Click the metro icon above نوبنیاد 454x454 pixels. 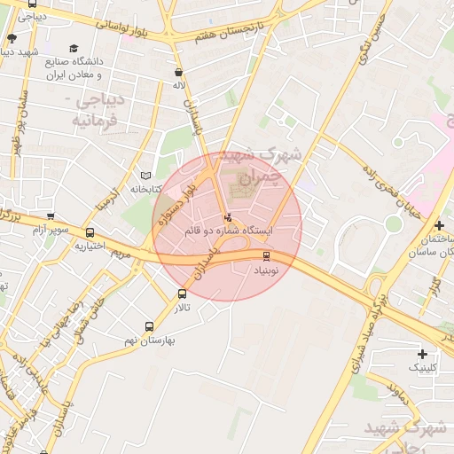267,256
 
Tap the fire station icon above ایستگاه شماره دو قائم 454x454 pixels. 229,216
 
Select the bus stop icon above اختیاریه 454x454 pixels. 90,233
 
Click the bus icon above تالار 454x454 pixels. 182,294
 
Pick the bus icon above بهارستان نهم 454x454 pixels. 149,325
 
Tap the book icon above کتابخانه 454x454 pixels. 146,176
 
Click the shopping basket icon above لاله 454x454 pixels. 179,73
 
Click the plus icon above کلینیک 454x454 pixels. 422,354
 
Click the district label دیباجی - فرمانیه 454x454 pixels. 93,110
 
